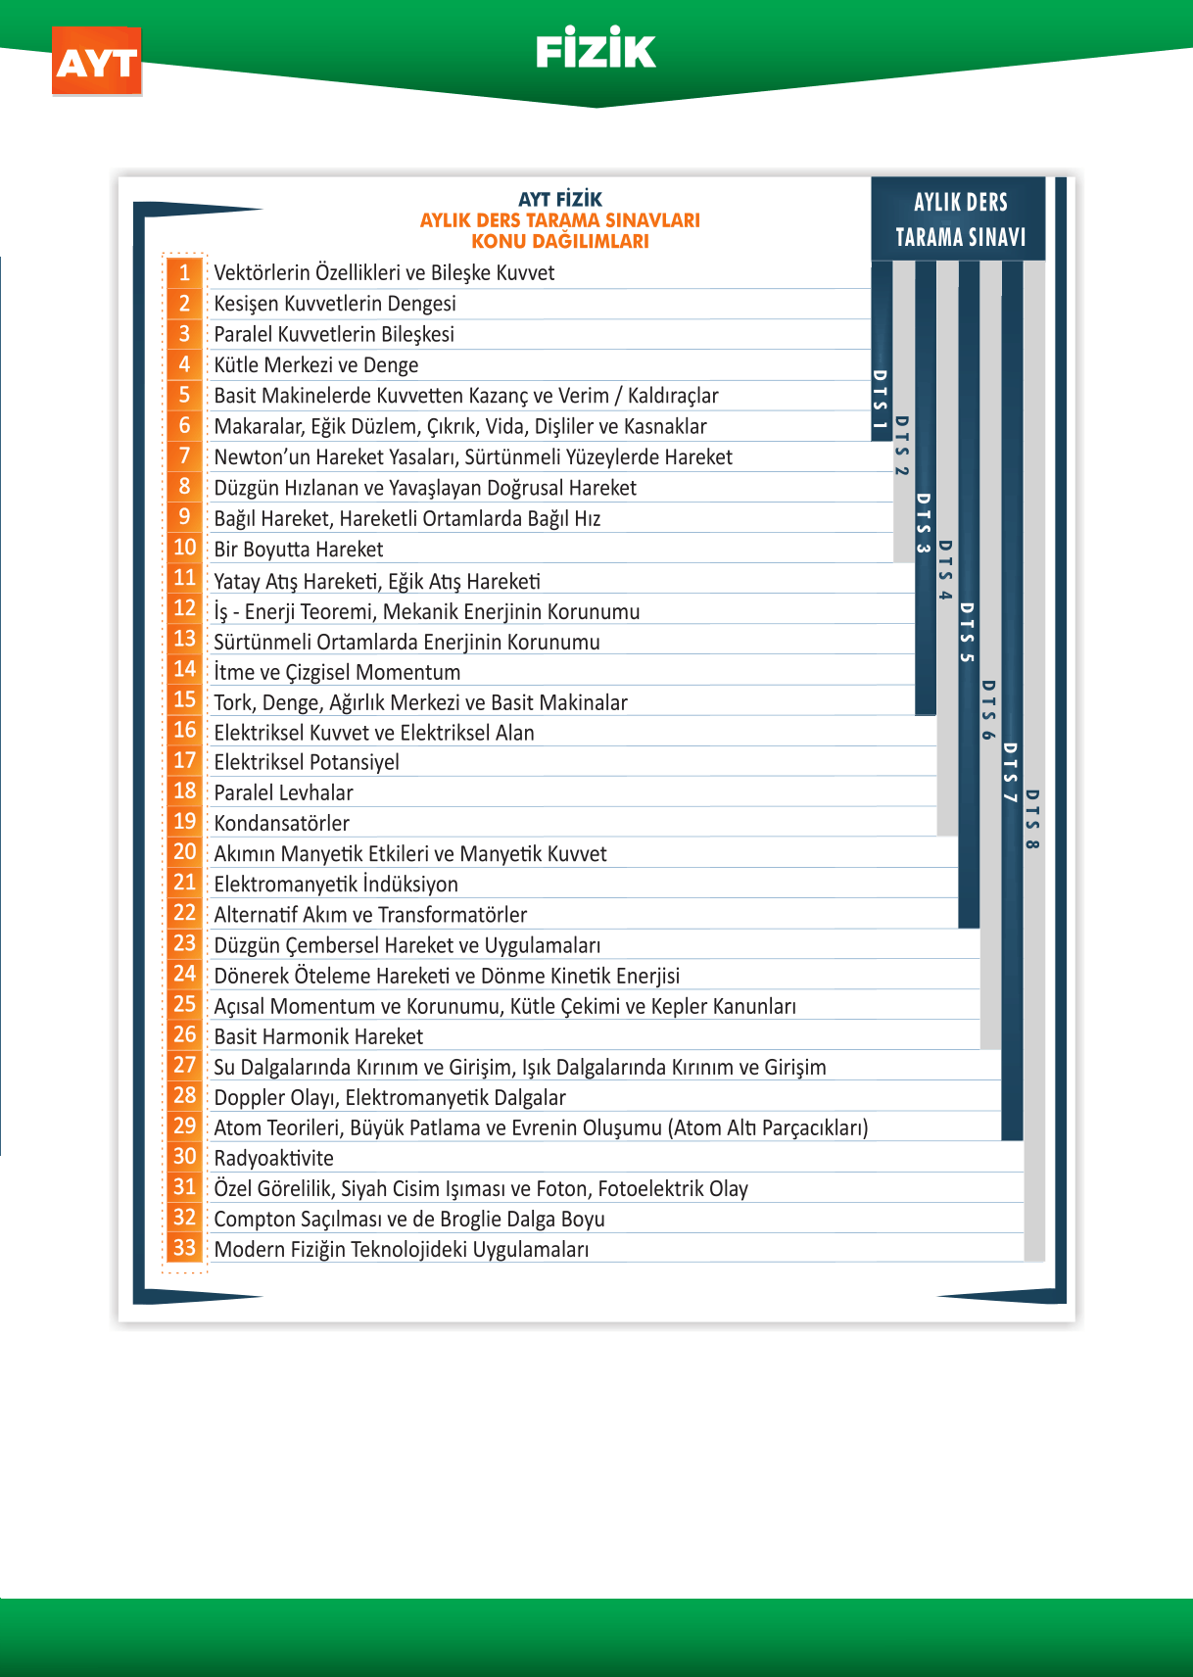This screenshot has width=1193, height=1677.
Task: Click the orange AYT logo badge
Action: coord(97,62)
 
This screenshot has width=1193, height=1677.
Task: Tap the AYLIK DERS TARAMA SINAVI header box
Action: coord(959,219)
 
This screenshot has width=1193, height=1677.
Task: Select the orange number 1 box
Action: coord(184,272)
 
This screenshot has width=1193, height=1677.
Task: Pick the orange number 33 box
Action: coord(184,1248)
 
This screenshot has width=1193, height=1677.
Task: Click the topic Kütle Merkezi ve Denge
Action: coord(315,365)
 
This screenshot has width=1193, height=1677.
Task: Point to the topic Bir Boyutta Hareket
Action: coord(298,550)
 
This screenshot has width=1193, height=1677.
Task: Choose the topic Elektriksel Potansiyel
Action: coord(306,762)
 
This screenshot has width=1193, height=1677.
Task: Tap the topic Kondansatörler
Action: coord(281,823)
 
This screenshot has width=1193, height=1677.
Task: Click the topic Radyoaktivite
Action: coord(273,1158)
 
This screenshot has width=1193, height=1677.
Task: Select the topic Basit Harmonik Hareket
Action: coord(318,1036)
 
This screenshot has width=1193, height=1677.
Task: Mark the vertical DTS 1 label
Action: coord(880,400)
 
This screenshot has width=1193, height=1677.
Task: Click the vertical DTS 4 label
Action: coord(945,570)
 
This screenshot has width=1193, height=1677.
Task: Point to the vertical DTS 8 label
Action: coord(1032,819)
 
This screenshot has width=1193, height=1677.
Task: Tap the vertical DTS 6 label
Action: coord(988,710)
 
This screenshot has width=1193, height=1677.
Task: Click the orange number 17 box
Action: coord(184,760)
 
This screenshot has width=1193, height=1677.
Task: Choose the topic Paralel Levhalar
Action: coord(283,792)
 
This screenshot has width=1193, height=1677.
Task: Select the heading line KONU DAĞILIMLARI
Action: coord(559,241)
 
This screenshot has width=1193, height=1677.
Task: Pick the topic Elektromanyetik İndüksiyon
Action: coord(336,885)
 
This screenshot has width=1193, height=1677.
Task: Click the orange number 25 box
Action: coord(184,1004)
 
